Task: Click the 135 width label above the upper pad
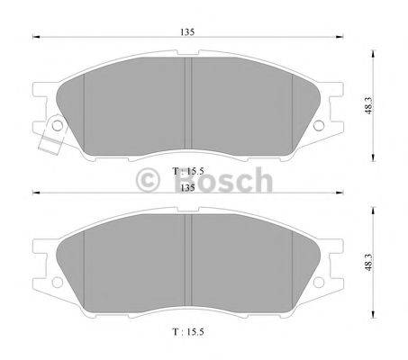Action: [x=186, y=31]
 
